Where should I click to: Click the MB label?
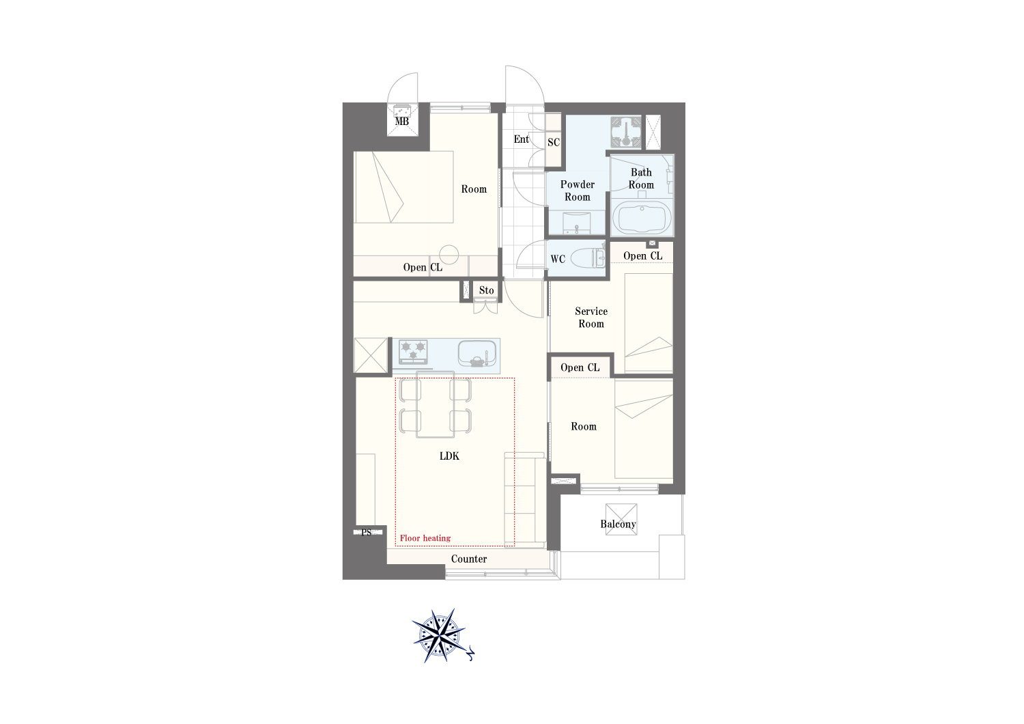(x=402, y=121)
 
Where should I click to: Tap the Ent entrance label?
(x=521, y=139)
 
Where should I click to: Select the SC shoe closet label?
(x=554, y=142)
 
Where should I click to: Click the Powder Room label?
(x=578, y=191)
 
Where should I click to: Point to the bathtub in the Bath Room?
(x=642, y=219)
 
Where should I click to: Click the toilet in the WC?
(x=589, y=258)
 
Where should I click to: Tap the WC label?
(x=558, y=260)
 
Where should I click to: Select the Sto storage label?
(x=486, y=290)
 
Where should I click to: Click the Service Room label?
(x=591, y=318)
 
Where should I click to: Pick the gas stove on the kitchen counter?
(x=413, y=352)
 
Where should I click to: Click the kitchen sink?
(x=477, y=354)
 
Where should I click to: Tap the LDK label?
(x=449, y=456)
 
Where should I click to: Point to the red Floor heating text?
(x=425, y=538)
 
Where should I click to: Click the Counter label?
(x=469, y=559)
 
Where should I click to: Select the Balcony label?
(x=618, y=524)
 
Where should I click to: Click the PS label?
(x=366, y=532)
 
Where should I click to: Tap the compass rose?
(x=440, y=636)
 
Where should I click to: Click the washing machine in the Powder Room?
(x=626, y=133)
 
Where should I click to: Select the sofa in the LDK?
(x=525, y=501)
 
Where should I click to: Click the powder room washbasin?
(x=577, y=223)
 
